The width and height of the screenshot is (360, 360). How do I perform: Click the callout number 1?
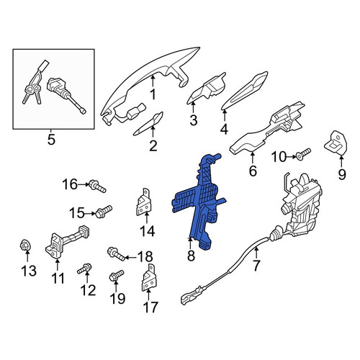pos(153,94)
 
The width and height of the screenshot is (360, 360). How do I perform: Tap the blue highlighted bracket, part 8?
pos(200,202)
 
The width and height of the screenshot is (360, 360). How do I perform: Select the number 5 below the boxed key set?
pos(51,140)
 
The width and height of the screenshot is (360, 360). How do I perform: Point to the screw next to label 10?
pos(303,153)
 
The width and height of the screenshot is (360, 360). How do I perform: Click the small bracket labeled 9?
pos(336,143)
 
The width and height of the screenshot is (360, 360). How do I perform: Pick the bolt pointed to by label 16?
pos(97,186)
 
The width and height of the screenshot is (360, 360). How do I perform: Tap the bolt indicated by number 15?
pos(104,212)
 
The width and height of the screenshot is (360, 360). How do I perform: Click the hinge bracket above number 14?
pos(144,202)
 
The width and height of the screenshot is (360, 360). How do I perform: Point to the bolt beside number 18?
pos(116,254)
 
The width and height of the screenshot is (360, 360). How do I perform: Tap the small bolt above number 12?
pos(84,269)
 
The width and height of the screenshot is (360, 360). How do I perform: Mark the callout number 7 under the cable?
pos(256,266)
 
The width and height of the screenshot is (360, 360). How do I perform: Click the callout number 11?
pos(58,279)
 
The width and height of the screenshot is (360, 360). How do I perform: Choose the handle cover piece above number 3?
pos(207,88)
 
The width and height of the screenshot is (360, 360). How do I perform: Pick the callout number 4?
pos(224,130)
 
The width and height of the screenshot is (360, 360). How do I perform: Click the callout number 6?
pos(253,171)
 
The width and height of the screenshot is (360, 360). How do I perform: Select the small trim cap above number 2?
pos(149,123)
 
